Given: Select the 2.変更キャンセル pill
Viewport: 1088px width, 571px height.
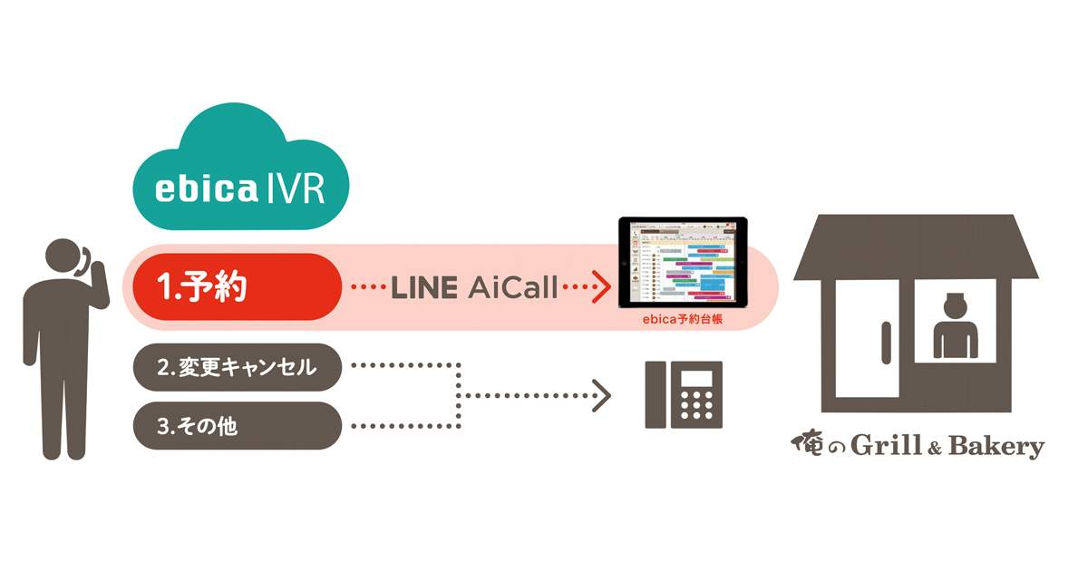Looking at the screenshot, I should (x=238, y=367).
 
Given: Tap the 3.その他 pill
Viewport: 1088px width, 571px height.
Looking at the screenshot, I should (x=238, y=425).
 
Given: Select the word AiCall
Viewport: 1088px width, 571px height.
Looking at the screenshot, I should (x=513, y=289).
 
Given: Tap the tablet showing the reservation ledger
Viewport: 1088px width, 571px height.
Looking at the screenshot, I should (x=682, y=261).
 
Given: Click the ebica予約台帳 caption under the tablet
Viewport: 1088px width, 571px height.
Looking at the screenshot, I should (x=682, y=320).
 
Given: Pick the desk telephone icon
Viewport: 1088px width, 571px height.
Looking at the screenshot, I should (x=684, y=395).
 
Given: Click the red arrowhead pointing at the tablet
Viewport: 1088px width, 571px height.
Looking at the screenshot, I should (x=598, y=289).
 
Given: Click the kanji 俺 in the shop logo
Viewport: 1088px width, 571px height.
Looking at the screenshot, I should (x=805, y=445).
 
